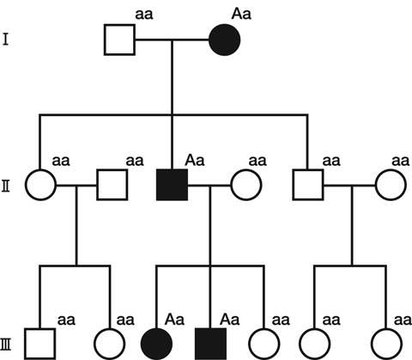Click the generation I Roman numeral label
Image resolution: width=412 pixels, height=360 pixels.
5,40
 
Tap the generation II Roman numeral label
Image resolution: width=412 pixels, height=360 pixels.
6,186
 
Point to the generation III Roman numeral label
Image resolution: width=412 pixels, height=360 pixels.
6,345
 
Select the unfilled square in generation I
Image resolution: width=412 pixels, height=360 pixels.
119,40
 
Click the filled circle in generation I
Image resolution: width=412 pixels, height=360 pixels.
225,40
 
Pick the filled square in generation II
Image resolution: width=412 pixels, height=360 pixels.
172,185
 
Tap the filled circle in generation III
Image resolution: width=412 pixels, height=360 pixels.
156,344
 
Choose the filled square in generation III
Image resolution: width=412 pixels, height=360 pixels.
210,344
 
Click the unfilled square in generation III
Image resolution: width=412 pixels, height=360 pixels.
39,344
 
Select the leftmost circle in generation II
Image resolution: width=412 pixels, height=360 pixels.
40,185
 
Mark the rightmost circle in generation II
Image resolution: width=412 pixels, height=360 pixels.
391,185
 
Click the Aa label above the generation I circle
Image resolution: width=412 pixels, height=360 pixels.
241,14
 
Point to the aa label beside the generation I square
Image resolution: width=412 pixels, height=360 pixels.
144,15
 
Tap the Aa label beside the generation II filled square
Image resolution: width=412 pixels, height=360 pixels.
195,160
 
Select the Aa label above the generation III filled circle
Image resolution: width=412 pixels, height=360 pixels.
174,319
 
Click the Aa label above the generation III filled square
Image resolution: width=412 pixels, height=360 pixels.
229,319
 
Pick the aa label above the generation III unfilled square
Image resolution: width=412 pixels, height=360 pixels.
66,320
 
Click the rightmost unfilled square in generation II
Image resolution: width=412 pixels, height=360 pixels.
308,185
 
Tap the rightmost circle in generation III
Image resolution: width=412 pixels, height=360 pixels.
387,344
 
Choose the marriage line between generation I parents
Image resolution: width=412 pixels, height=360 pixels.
172,40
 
